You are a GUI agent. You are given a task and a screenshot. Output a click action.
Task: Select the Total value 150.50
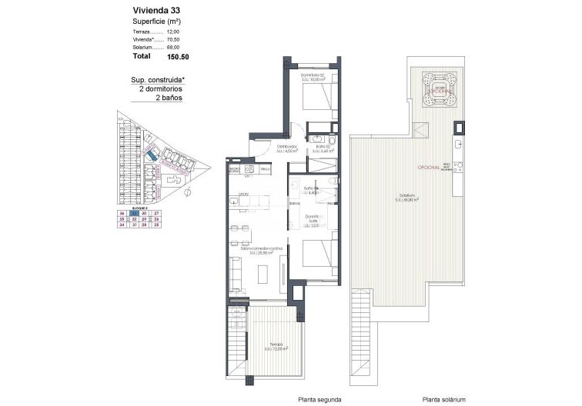pyautogui.click(x=178, y=56)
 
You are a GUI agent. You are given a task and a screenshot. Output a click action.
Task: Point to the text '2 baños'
pyautogui.click(x=169, y=98)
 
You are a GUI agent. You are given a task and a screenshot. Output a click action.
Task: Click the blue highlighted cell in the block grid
pyautogui.click(x=133, y=213)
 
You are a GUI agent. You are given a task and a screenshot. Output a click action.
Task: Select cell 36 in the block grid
pyautogui.click(x=122, y=213)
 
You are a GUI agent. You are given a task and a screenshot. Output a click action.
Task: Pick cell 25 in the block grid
pyautogui.click(x=156, y=225)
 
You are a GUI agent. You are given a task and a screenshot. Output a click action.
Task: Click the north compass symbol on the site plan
pyautogui.click(x=188, y=191)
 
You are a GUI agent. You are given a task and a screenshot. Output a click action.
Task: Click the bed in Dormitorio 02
pyautogui.click(x=318, y=97)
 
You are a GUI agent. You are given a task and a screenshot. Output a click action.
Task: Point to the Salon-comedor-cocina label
pyautogui.click(x=261, y=249)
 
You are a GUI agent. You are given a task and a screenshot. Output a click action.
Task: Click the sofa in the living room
pyautogui.click(x=235, y=270)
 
